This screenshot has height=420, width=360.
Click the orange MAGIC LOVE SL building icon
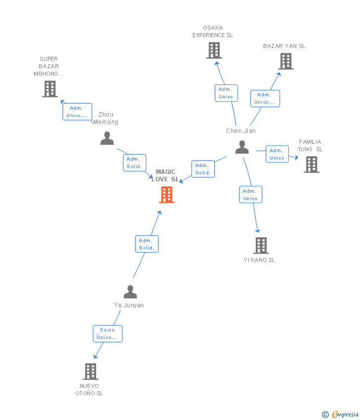(167, 195)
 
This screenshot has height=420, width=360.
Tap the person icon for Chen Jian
(242, 147)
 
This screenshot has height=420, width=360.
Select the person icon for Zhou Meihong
(107, 138)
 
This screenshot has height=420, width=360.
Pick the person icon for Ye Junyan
(130, 292)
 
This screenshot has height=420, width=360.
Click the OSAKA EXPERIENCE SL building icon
(214, 50)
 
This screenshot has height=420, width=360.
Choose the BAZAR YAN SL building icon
(286, 61)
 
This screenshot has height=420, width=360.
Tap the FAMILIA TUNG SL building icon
(311, 165)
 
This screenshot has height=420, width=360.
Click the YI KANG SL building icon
(261, 246)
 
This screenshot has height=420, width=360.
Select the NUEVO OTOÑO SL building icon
(90, 372)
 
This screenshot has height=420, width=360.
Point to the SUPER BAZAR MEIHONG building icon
(50, 89)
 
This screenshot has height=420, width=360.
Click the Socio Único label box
(107, 334)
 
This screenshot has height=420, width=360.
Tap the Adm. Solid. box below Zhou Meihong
(135, 163)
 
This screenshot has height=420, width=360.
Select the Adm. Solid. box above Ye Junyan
(147, 244)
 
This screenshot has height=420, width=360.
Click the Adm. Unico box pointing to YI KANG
(250, 195)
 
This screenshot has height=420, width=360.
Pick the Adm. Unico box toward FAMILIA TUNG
(277, 154)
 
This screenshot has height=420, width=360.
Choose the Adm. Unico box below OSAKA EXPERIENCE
(226, 93)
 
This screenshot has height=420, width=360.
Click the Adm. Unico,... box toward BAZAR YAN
(265, 98)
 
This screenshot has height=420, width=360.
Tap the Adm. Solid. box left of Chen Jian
(203, 169)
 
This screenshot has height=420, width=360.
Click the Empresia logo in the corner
(341, 414)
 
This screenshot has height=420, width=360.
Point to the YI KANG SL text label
(259, 260)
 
